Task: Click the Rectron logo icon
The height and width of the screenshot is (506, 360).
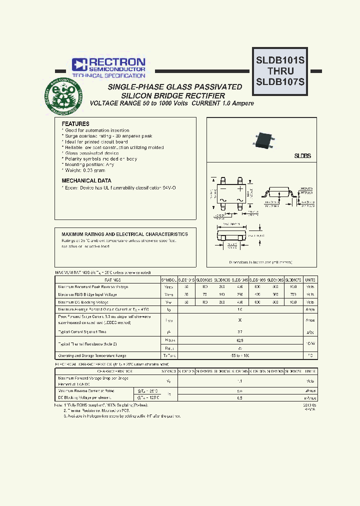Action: point(79,64)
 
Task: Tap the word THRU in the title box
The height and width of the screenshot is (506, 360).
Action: point(280,71)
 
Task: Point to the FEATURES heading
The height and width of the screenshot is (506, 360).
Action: point(75,123)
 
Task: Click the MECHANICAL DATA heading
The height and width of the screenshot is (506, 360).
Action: point(86,180)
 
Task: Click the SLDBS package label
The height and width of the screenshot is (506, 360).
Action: point(302,156)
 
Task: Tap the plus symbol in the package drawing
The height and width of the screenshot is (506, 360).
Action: point(240,190)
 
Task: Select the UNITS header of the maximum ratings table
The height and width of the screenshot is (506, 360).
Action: point(310,280)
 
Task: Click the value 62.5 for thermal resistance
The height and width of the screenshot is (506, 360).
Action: point(240,340)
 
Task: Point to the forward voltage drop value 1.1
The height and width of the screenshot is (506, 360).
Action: point(240,380)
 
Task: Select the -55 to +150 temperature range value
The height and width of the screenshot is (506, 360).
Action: point(240,355)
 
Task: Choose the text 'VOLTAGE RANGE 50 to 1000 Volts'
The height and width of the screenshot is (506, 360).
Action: point(138,103)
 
